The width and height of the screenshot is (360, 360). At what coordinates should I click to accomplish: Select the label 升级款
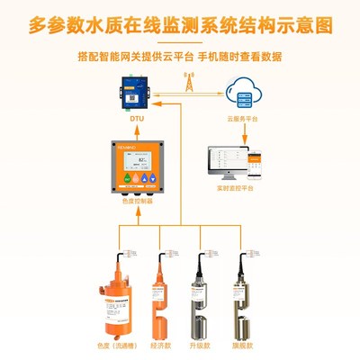pyautogui.click(x=202, y=344)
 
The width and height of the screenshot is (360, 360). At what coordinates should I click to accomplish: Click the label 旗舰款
pyautogui.click(x=242, y=344)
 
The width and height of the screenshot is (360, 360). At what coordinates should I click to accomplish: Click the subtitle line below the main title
pyautogui.click(x=180, y=56)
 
